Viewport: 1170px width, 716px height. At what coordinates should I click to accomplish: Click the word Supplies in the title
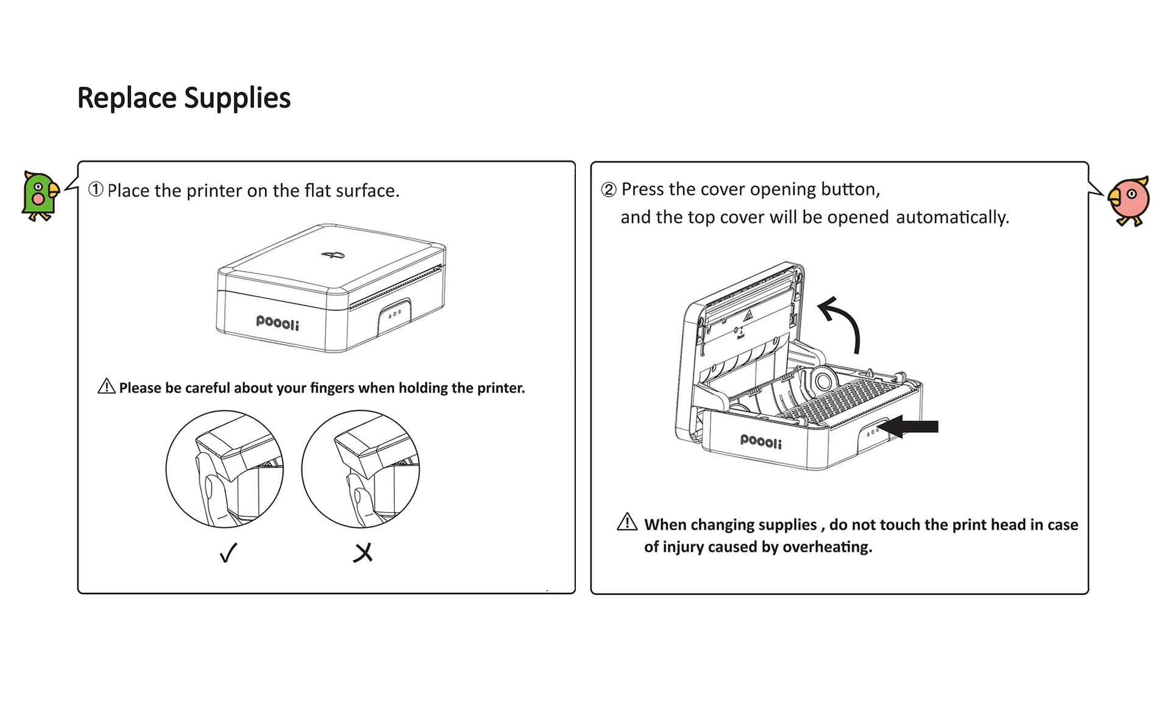237,98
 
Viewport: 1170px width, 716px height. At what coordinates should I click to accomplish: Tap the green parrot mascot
40,196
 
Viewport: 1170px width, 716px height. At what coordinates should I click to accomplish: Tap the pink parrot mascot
1129,200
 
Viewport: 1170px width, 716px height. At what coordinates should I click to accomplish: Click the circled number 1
96,189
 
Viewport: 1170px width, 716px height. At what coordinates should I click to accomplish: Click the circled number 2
608,189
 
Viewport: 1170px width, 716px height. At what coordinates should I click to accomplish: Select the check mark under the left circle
228,552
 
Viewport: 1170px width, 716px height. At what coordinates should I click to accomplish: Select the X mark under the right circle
363,553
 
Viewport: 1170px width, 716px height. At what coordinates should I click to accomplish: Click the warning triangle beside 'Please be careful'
107,387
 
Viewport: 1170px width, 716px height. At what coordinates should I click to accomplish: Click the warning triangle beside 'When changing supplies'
627,522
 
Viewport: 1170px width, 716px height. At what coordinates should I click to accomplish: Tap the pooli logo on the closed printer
277,322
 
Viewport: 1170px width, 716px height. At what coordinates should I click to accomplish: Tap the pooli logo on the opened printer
760,440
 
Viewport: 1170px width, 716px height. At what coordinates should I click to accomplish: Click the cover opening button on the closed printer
394,314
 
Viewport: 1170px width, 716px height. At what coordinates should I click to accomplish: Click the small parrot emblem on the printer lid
333,254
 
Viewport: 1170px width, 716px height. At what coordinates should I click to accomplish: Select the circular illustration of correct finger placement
225,469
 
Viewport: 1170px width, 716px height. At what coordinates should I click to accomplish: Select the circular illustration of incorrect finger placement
360,469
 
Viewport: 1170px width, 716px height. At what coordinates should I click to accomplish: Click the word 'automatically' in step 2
952,217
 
